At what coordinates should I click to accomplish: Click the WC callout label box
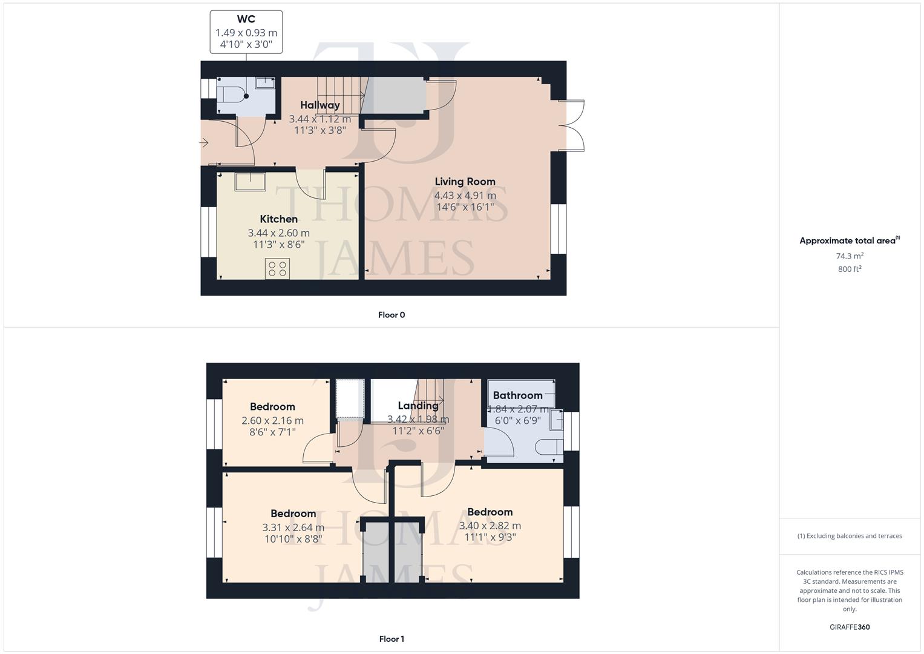tap(246, 31)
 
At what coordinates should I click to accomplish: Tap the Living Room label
tap(465, 182)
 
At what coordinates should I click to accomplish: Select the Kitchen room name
tap(278, 219)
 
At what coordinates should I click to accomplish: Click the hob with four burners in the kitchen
tap(277, 268)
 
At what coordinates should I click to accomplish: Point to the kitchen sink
tap(250, 181)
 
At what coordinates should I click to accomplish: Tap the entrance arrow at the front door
tap(204, 143)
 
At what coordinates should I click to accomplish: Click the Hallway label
tap(319, 105)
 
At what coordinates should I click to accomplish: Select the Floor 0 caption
tap(392, 315)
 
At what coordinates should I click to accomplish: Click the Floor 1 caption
tap(392, 639)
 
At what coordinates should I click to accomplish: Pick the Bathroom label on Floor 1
tap(517, 395)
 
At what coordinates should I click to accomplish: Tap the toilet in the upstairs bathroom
tap(548, 448)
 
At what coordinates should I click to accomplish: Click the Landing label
tap(418, 406)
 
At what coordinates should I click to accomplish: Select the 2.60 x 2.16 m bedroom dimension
tap(272, 420)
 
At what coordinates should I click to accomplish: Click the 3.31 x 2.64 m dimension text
tap(293, 527)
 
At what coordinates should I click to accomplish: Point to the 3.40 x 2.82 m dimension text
tap(490, 526)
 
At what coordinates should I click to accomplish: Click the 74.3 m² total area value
tap(850, 256)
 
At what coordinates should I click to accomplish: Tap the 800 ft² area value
tap(850, 269)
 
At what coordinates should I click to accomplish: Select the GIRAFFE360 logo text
tap(850, 627)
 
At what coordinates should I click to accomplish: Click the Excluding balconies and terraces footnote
tap(850, 536)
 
